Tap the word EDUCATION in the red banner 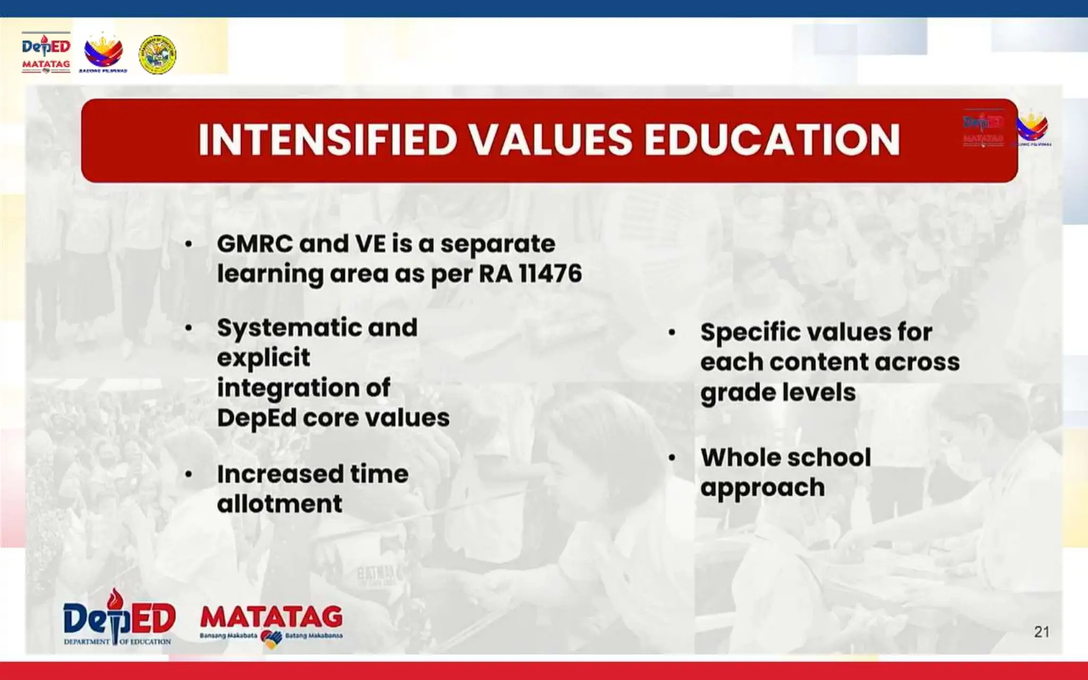coord(772,140)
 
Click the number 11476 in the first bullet coord(550,274)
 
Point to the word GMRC coord(254,244)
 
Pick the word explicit coord(263,358)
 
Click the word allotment coord(279,504)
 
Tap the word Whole coord(736,457)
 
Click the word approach coord(762,488)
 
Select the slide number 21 coord(1041,632)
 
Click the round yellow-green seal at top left coord(157,54)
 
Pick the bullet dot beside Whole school coord(672,457)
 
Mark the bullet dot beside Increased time coord(189,474)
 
